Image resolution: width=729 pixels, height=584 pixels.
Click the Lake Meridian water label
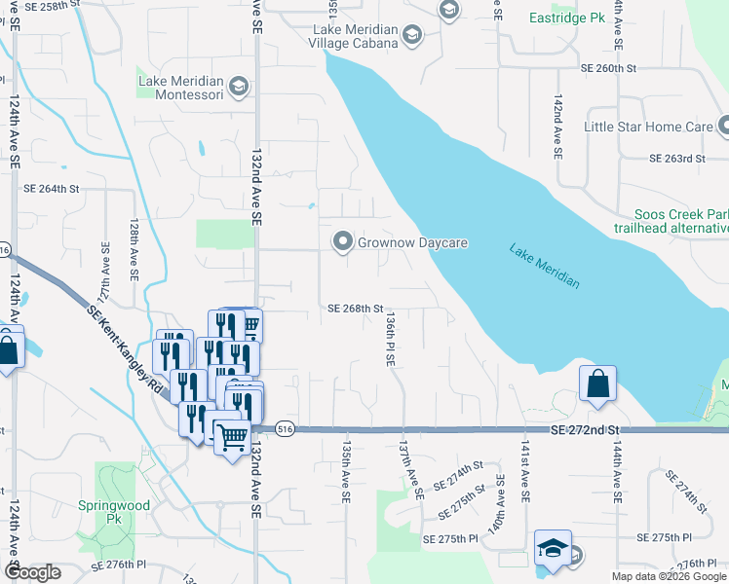(x=545, y=266)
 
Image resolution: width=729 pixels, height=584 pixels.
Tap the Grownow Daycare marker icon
(x=342, y=241)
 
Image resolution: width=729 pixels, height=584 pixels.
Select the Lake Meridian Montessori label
(x=181, y=88)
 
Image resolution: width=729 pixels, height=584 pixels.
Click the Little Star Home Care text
(x=648, y=127)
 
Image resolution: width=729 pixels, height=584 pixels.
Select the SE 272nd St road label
(x=585, y=429)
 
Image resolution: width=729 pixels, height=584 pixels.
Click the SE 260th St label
(x=608, y=69)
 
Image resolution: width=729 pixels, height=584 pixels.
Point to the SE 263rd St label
(x=677, y=159)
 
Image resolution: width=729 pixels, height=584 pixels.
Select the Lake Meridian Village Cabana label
(x=355, y=36)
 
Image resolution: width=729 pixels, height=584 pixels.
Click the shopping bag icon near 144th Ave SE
(x=598, y=383)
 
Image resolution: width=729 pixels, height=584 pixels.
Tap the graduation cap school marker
(x=553, y=547)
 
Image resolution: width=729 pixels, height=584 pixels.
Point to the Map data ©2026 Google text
(x=669, y=576)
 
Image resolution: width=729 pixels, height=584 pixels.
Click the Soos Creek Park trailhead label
(x=680, y=221)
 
